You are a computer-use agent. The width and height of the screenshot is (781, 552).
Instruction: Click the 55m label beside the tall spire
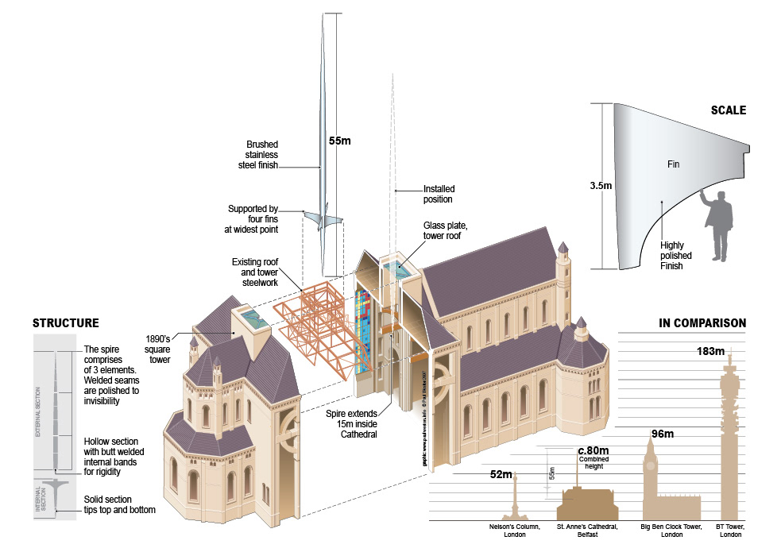[340, 141]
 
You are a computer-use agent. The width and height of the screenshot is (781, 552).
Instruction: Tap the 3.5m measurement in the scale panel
[601, 186]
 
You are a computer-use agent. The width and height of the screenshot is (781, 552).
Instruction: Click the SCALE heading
[728, 110]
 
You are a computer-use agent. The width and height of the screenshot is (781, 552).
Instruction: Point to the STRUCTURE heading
[65, 323]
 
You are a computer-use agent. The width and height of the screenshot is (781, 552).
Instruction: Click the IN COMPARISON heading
[702, 323]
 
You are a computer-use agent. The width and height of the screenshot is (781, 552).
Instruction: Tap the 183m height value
[710, 351]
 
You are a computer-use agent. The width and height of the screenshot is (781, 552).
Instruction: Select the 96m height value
[663, 434]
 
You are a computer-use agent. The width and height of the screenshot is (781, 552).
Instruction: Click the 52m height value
[501, 475]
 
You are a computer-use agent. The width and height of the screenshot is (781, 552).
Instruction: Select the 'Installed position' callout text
[439, 194]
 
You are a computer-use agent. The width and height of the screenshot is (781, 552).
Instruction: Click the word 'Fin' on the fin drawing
[674, 164]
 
